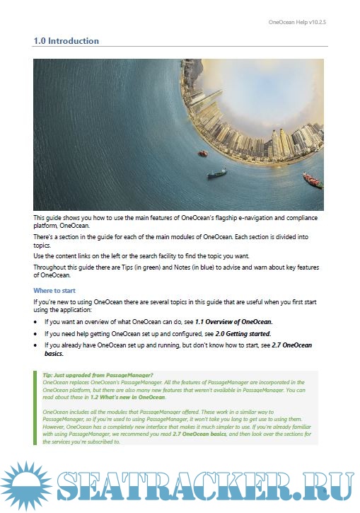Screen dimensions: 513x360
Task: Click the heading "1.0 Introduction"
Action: click(x=66, y=41)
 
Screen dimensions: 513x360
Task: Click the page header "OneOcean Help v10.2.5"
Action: click(x=297, y=22)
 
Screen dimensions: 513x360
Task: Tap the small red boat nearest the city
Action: click(x=203, y=153)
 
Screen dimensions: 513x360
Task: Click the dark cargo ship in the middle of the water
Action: click(x=216, y=173)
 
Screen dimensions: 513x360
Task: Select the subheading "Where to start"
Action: click(x=62, y=290)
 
